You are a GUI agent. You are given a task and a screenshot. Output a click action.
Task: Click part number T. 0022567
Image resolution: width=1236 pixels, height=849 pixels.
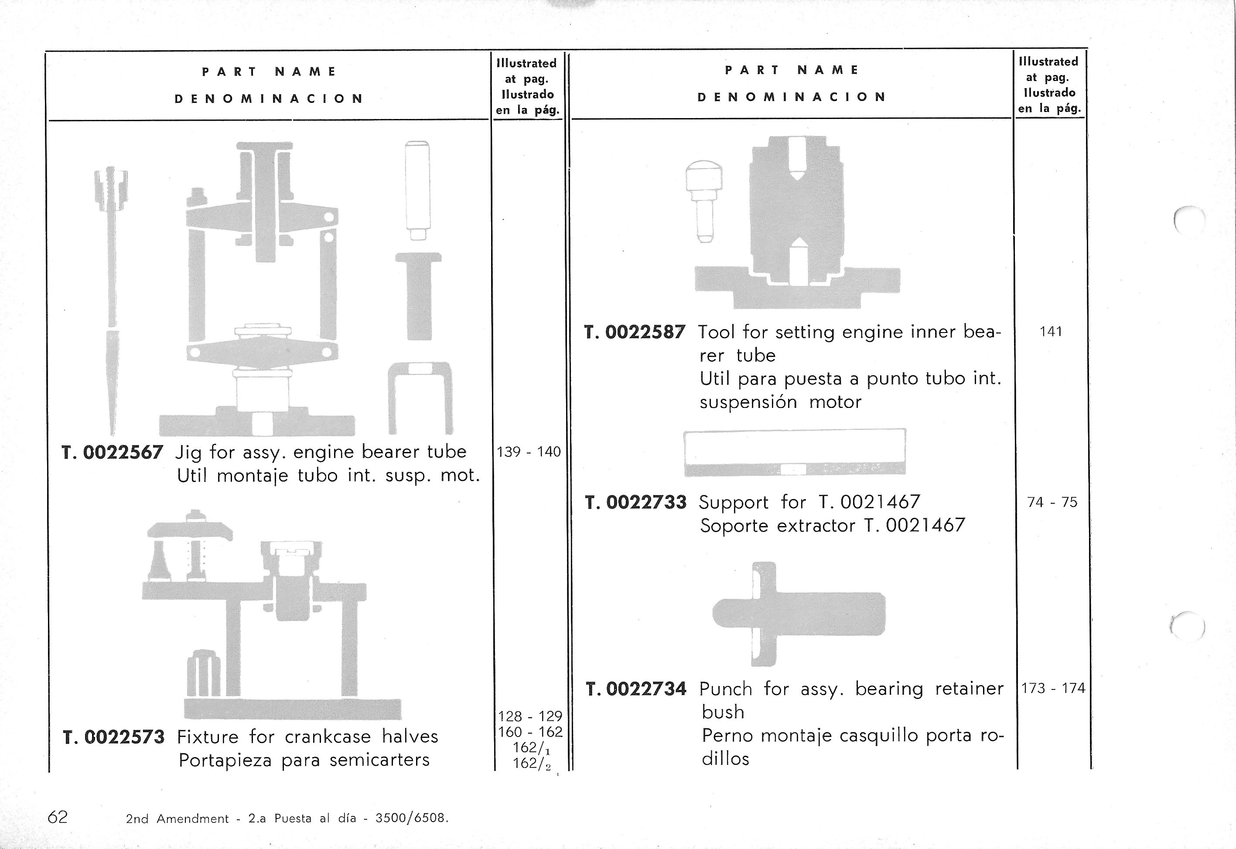coord(113,452)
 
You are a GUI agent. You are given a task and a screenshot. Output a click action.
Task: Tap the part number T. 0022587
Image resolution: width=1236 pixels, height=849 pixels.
coord(635,332)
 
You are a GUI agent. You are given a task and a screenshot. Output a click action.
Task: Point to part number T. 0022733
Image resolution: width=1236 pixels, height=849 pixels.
coord(635,502)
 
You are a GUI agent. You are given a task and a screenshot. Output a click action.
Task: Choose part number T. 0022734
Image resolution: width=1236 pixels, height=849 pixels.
coord(636,689)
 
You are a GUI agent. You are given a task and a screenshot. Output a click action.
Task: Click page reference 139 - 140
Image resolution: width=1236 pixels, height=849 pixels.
coord(528,452)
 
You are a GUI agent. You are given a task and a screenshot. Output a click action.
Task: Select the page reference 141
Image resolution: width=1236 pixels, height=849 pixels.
coord(1050,331)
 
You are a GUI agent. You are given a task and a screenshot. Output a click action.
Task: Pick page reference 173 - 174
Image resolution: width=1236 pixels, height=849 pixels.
coord(1052,688)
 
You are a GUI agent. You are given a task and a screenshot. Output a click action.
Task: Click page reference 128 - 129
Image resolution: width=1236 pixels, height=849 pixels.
coord(529,716)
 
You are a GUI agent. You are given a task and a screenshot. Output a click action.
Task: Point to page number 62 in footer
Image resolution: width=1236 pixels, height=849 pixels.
coord(58,817)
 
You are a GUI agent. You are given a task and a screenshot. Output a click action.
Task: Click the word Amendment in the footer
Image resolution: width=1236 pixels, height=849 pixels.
coord(192,818)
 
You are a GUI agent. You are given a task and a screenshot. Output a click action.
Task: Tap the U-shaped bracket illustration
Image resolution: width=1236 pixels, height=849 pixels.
coord(420,396)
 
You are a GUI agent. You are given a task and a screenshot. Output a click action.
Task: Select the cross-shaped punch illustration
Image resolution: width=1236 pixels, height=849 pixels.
coord(799,614)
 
